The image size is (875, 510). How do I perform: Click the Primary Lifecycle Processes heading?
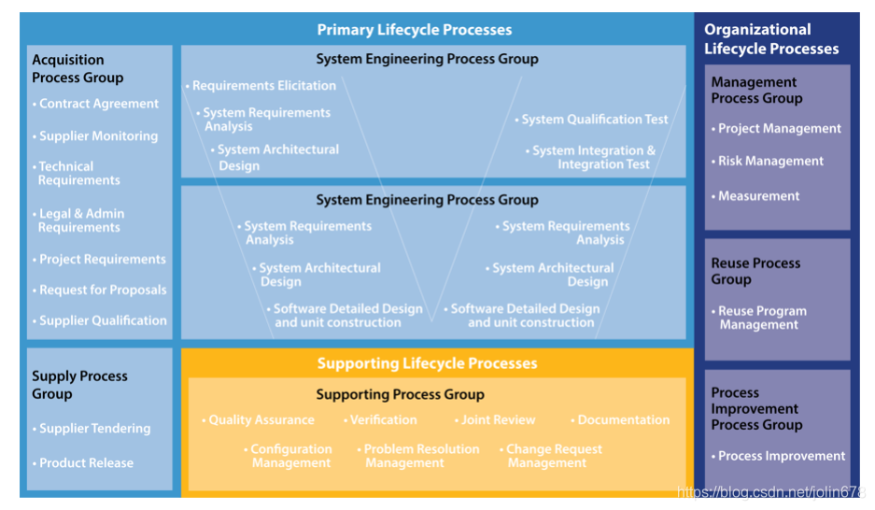pyautogui.click(x=414, y=30)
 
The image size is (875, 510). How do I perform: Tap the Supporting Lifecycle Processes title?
pyautogui.click(x=427, y=363)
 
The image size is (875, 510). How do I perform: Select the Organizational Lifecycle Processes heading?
pyautogui.click(x=771, y=39)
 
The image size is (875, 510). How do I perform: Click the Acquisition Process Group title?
pyautogui.click(x=78, y=68)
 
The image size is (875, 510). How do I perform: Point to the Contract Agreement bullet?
pyautogui.click(x=98, y=104)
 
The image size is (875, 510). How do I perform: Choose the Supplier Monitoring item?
pyautogui.click(x=98, y=135)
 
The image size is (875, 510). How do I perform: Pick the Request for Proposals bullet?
pyautogui.click(x=102, y=290)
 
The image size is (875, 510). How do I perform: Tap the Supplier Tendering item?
pyautogui.click(x=94, y=428)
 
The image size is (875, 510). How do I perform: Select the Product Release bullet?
pyautogui.click(x=86, y=462)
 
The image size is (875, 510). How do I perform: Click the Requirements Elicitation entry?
pyautogui.click(x=263, y=85)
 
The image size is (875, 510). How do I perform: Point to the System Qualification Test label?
pyautogui.click(x=594, y=119)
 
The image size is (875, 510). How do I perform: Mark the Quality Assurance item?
pyautogui.click(x=261, y=420)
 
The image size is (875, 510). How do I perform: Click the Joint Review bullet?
pyautogui.click(x=498, y=420)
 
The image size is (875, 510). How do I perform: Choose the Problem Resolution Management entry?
pyautogui.click(x=420, y=456)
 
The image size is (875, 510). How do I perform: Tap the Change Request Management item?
pyautogui.click(x=553, y=456)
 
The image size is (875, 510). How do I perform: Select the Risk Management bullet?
pyautogui.click(x=770, y=161)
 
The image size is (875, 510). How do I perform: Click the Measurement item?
pyautogui.click(x=758, y=196)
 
